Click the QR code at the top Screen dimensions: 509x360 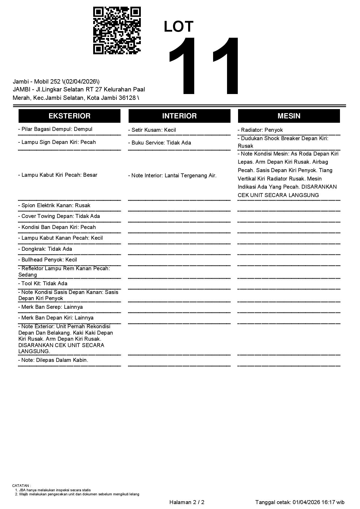point(117,30)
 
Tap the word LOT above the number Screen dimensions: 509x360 point(179,27)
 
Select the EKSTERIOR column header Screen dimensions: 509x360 point(69,116)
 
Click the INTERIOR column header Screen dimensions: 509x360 point(179,116)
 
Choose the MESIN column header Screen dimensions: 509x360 point(289,116)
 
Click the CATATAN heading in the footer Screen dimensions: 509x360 point(21,485)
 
